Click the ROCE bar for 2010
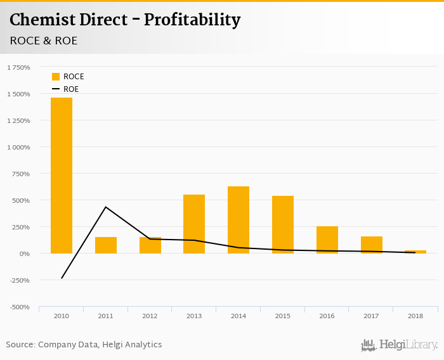(62, 176)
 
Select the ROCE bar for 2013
(194, 224)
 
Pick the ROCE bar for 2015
(283, 224)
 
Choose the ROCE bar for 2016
(327, 240)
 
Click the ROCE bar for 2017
(372, 245)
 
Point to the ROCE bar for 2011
(106, 245)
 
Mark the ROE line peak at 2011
(106, 207)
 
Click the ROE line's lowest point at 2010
(62, 278)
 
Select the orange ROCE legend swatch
(56, 77)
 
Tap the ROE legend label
(71, 89)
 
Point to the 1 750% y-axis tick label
(18, 67)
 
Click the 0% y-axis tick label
(23, 254)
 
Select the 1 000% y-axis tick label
(18, 147)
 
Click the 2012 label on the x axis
(150, 316)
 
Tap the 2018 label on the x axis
(415, 316)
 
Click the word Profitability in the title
(192, 20)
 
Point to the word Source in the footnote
(20, 345)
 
